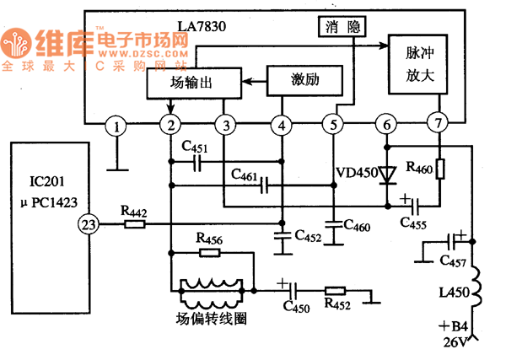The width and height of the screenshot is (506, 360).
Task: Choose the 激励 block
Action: coord(304,80)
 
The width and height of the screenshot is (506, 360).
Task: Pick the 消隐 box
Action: coord(342,27)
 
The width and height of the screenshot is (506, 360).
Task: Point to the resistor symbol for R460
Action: coord(439,169)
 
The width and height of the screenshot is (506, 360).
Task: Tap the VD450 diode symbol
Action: coord(387,175)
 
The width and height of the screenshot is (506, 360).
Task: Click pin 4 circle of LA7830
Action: coord(281,126)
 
